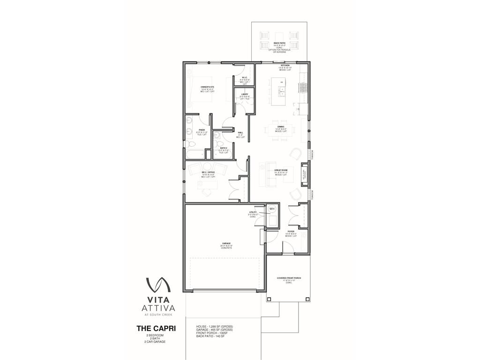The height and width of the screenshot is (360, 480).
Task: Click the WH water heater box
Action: pos(272,209)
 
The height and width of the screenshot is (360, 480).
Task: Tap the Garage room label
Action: pos(226,244)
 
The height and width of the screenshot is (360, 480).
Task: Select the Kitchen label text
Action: pos(285,66)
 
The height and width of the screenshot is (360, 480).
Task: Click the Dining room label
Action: pos(281,127)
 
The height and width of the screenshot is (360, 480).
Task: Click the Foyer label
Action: pos(291,232)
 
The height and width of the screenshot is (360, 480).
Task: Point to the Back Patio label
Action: pos(279,43)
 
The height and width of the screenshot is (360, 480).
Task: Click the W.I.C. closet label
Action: pos(245,78)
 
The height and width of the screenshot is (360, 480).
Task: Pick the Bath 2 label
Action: pos(223,148)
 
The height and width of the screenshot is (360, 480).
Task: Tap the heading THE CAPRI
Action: pos(156,328)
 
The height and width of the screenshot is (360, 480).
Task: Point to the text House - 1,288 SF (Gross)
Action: pos(215,326)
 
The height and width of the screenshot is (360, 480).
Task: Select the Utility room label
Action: pos(253,213)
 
